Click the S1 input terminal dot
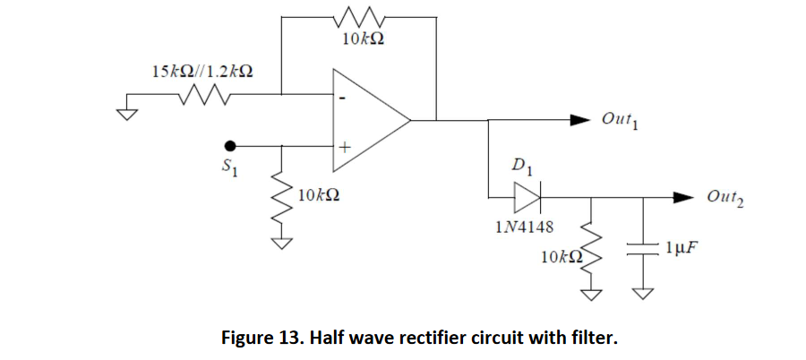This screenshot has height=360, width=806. coord(230,145)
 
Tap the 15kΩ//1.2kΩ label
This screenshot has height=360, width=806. coord(201,71)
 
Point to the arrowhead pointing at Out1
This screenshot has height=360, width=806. coord(580,119)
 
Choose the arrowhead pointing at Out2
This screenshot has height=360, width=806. coord(683,196)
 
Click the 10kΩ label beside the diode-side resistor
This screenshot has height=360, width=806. coord(562,257)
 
